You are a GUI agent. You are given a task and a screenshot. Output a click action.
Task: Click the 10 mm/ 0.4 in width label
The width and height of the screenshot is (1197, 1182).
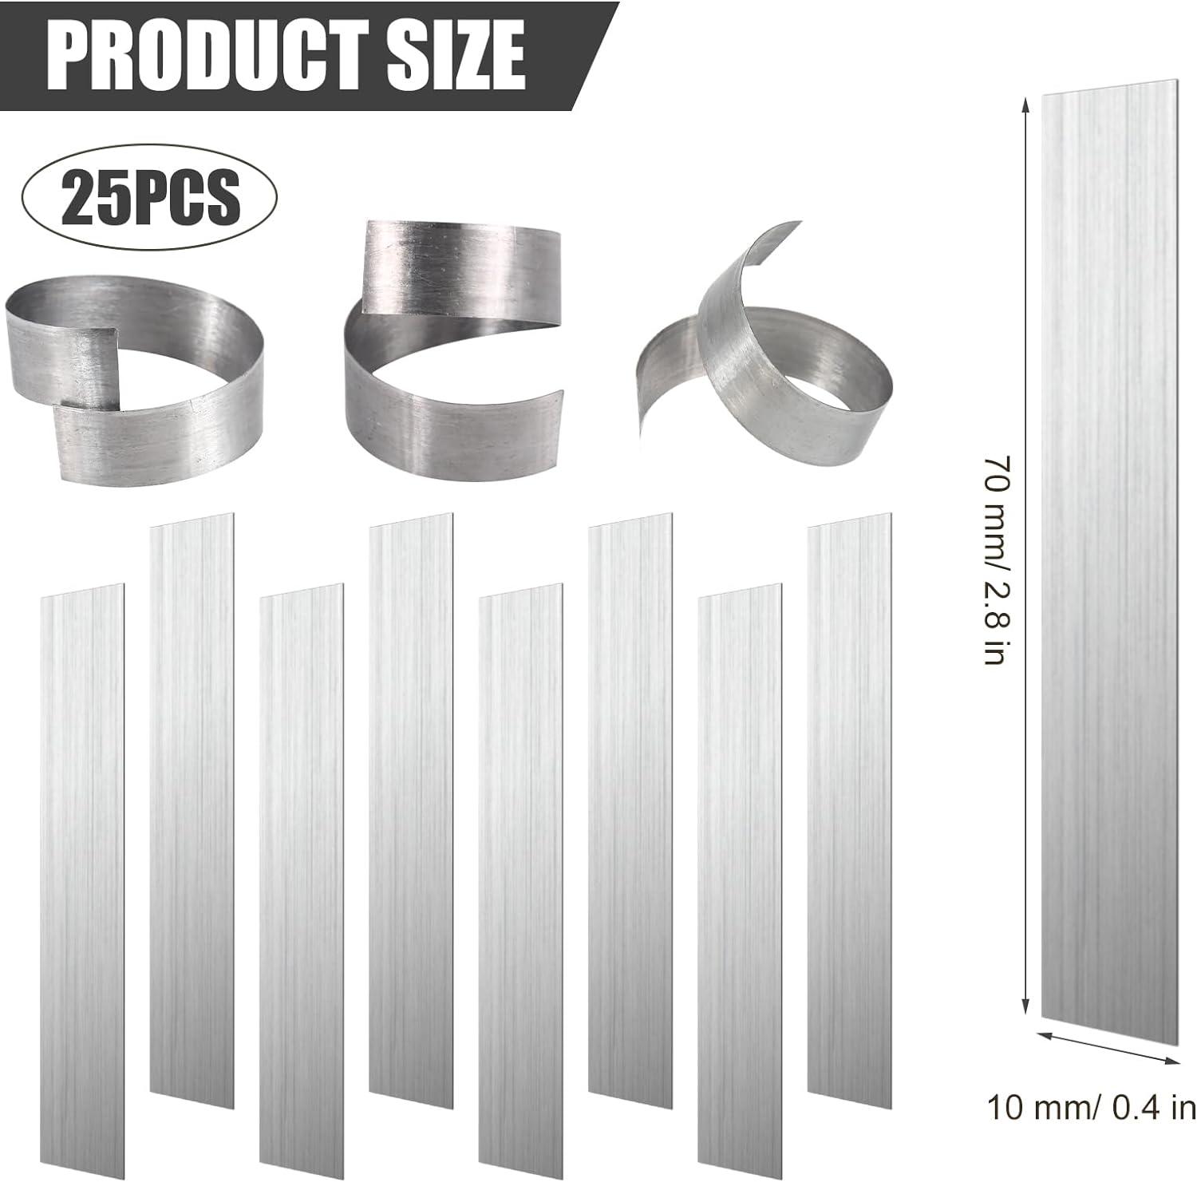[x=1092, y=1107]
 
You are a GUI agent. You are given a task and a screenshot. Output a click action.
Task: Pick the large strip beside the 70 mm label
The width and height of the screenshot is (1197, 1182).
[x=1109, y=551]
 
